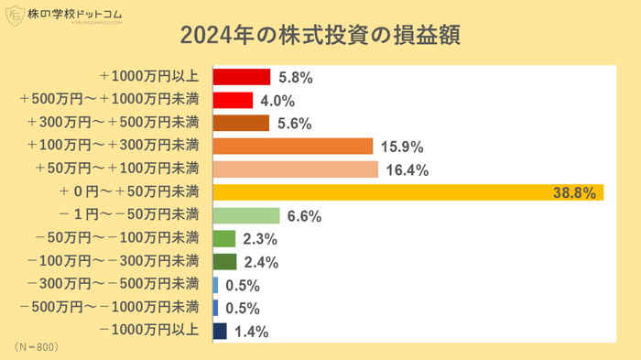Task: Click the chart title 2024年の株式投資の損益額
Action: (320, 35)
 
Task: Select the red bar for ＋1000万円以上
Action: (242, 77)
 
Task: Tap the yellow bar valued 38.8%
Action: (407, 192)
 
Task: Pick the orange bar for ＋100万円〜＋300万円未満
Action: (292, 147)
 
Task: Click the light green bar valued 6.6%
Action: (245, 216)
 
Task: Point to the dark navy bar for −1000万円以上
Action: (220, 332)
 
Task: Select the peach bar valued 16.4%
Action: (295, 169)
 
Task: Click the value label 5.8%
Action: (296, 78)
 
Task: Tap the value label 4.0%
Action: (277, 101)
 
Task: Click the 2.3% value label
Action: (260, 239)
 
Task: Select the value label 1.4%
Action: (251, 332)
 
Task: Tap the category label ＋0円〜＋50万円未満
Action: (128, 192)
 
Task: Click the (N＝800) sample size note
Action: (37, 348)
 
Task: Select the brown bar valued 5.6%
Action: (241, 124)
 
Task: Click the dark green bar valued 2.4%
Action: (224, 262)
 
